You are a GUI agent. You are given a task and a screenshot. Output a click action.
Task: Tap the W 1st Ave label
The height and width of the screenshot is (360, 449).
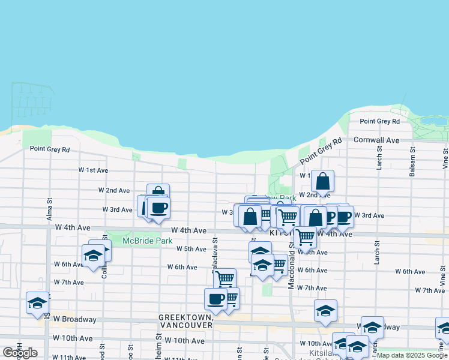click(x=93, y=170)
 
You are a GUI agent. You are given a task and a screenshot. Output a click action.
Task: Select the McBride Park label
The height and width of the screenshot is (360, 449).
click(x=139, y=241)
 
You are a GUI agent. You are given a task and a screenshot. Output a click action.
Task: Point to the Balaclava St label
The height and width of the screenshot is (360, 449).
click(x=215, y=253)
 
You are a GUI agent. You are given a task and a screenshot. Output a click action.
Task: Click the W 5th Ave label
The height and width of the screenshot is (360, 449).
click(x=191, y=249)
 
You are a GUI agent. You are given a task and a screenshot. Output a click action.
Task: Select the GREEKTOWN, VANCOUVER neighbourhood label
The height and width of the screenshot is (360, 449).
click(x=185, y=320)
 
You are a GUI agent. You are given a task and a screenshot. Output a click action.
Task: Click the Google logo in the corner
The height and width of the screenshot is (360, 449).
click(x=20, y=353)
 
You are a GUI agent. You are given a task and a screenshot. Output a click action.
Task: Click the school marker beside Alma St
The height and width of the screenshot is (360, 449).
click(x=37, y=302)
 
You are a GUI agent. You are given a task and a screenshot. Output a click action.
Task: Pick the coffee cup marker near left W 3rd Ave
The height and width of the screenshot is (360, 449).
click(x=158, y=208)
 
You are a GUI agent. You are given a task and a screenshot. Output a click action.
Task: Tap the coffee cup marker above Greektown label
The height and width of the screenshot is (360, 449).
click(x=215, y=299)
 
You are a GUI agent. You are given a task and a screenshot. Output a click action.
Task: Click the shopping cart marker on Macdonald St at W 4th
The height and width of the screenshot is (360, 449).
click(x=305, y=237)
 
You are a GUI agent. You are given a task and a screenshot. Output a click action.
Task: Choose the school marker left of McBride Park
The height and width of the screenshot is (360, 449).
click(x=93, y=256)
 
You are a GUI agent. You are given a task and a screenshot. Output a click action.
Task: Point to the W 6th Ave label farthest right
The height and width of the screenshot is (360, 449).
click(x=410, y=272)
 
